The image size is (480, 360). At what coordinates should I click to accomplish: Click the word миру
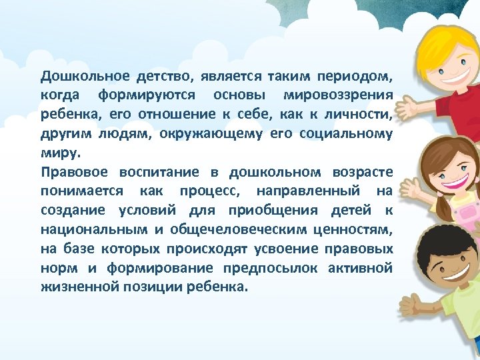(x=60, y=153)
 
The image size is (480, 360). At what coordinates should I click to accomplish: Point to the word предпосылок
(x=270, y=268)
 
